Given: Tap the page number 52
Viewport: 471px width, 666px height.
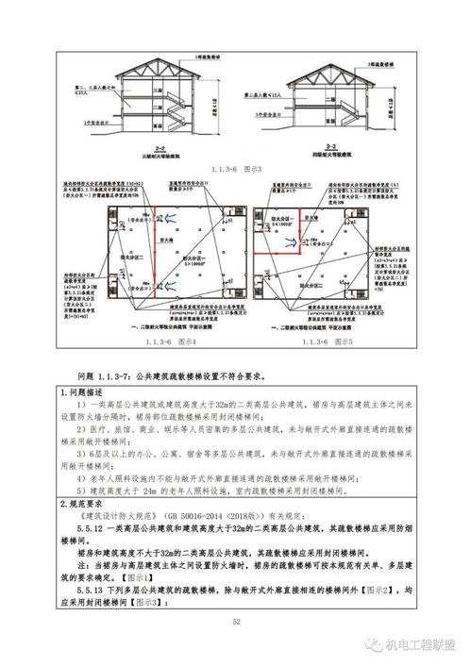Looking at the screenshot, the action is (x=236, y=622).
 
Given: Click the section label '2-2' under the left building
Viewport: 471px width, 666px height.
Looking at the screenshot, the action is (x=160, y=148).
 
